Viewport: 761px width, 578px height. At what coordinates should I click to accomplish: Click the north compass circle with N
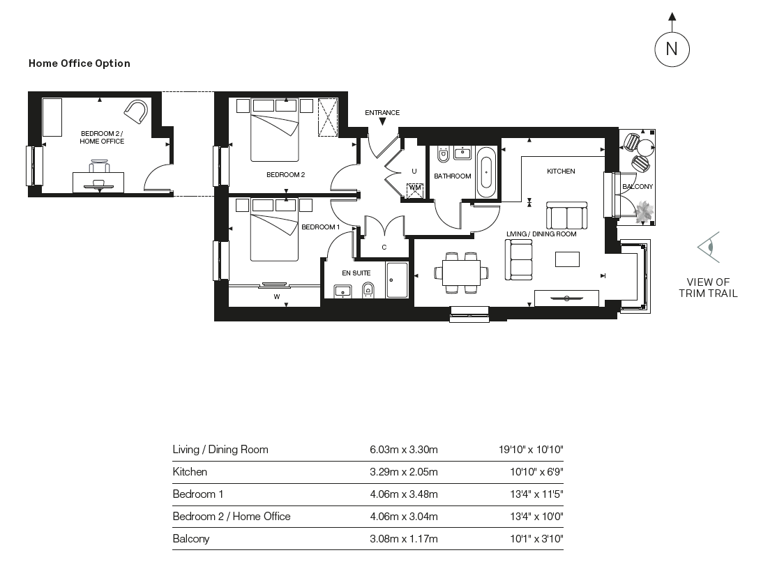coord(672,49)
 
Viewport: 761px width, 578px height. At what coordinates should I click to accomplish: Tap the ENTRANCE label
coord(382,112)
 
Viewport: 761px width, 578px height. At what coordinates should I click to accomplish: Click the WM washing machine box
coord(415,189)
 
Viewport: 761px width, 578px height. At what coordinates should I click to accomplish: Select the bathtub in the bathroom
coord(487,172)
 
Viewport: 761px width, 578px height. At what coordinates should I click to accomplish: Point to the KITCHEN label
coord(561,171)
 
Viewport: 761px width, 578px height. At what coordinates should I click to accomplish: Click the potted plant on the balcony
coord(642,211)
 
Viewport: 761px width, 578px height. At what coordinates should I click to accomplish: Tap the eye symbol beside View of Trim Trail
coord(709,247)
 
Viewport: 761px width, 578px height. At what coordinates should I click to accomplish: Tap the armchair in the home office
coord(137,112)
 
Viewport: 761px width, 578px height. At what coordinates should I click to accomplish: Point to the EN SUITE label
coord(356,273)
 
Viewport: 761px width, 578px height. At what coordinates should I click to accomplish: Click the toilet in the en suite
coord(368,289)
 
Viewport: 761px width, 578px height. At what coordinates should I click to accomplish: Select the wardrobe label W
coord(277,297)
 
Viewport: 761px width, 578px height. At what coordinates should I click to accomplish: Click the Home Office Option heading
coord(79,63)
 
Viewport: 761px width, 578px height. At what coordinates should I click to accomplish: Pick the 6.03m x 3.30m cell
coord(403,450)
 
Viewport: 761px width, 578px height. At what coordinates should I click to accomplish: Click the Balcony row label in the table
coord(191,538)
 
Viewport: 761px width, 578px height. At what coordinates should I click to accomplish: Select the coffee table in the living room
coord(567,259)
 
